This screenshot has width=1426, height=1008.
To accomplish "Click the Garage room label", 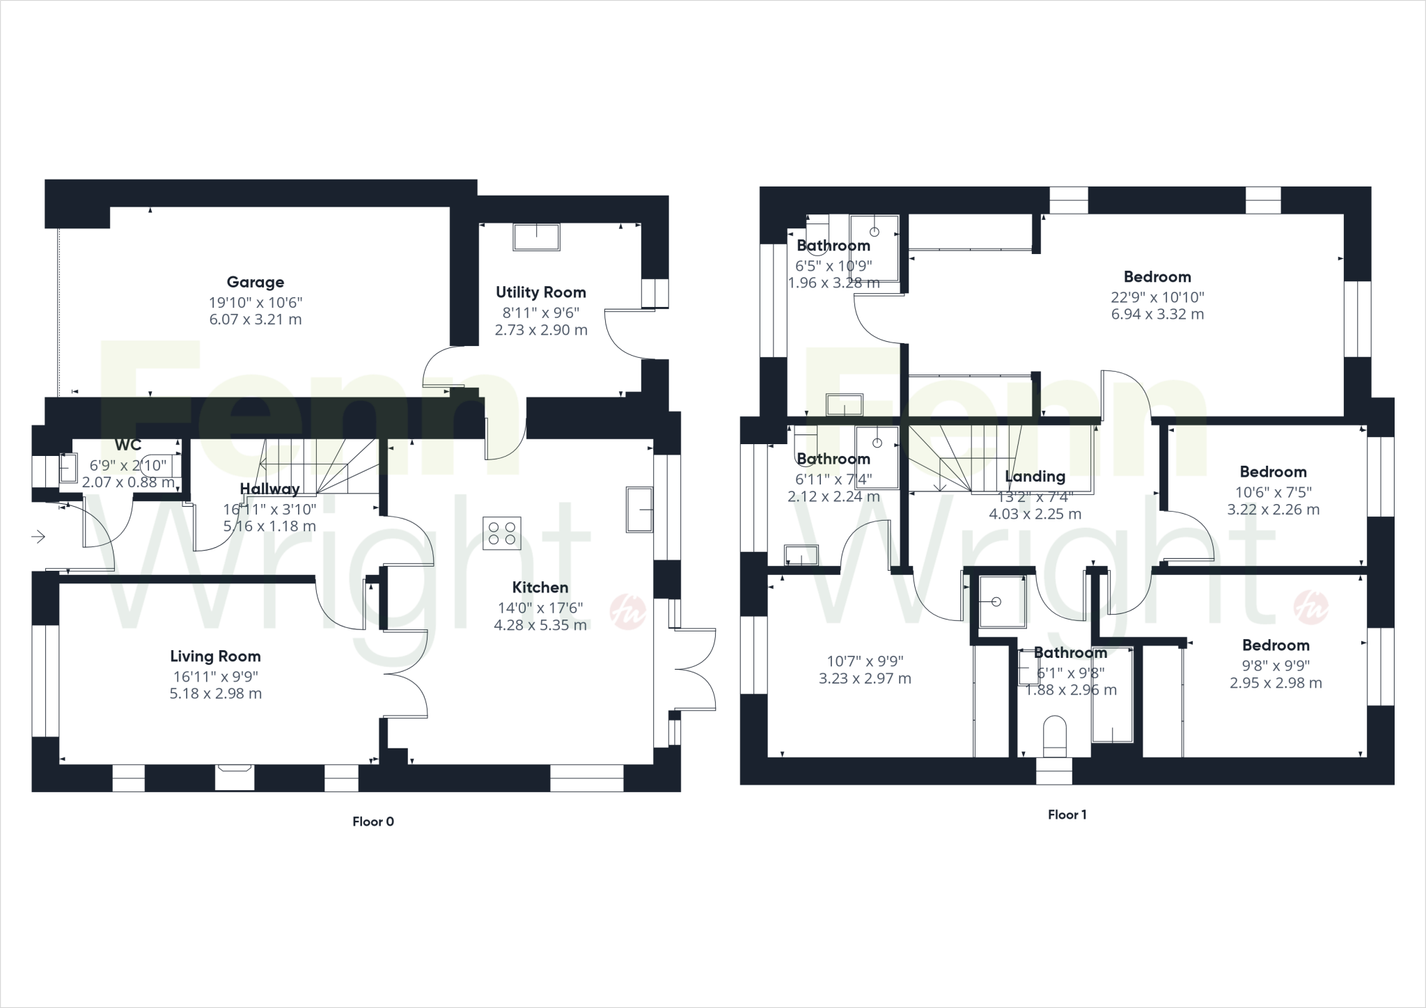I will pyautogui.click(x=256, y=282).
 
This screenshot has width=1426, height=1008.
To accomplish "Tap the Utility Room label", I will pyautogui.click(x=540, y=292).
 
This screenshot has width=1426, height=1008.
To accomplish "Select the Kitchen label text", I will pyautogui.click(x=540, y=588).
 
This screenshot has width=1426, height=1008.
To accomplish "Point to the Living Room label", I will pyautogui.click(x=215, y=656).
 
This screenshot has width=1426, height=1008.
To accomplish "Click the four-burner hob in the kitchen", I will pyautogui.click(x=502, y=533).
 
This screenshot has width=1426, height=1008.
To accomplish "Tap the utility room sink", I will pyautogui.click(x=536, y=237).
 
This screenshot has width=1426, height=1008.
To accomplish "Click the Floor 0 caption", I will pyautogui.click(x=373, y=821).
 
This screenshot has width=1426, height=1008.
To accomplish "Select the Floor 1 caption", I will pyautogui.click(x=1067, y=814).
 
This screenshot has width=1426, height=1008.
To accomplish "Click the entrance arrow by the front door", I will pyautogui.click(x=38, y=537).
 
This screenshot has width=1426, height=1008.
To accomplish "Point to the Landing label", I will pyautogui.click(x=1035, y=477).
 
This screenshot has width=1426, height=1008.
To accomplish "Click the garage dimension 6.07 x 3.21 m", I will pyautogui.click(x=256, y=320).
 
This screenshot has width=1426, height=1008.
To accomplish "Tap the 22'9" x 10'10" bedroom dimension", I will pyautogui.click(x=1157, y=297).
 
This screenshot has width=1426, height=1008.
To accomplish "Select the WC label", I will pyautogui.click(x=128, y=446).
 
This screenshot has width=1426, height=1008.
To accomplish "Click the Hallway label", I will pyautogui.click(x=269, y=489).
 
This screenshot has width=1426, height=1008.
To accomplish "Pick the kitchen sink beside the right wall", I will pyautogui.click(x=639, y=510).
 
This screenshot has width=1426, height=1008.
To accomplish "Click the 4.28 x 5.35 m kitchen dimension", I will pyautogui.click(x=540, y=625).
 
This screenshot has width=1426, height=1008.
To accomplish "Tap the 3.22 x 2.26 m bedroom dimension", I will pyautogui.click(x=1273, y=510).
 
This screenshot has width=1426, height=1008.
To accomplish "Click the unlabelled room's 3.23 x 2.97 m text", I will pyautogui.click(x=865, y=679).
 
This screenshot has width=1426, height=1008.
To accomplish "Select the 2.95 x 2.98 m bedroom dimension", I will pyautogui.click(x=1276, y=683).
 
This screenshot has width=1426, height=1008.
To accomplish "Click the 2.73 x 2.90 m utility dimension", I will pyautogui.click(x=541, y=330).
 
